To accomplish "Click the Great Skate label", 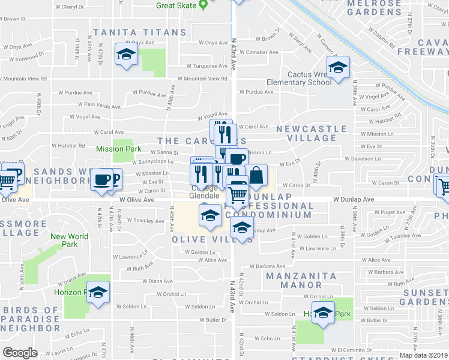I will (x=176, y=5).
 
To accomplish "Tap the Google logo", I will (x=20, y=353).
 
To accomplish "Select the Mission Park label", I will (x=118, y=148).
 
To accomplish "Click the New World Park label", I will (x=69, y=240).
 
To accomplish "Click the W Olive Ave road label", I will (x=138, y=199).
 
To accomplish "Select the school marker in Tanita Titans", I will (x=126, y=55).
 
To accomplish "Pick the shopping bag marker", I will (x=256, y=176).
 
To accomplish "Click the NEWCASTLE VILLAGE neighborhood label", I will (x=311, y=133).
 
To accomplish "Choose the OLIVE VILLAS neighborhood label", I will (x=203, y=239).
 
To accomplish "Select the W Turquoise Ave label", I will (x=206, y=66).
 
